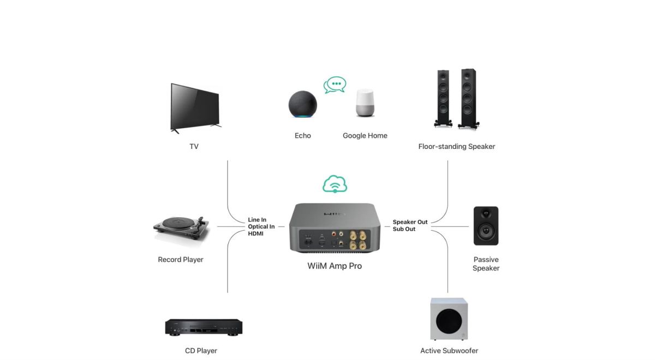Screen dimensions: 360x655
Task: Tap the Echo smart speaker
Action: coord(302,104)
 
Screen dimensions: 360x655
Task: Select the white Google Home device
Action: coord(365,102)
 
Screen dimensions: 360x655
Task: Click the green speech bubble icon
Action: coord(335,85)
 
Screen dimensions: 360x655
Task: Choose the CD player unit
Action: coord(204,327)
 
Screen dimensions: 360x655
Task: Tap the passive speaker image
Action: coord(486,226)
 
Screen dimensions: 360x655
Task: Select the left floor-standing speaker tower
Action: coord(443,98)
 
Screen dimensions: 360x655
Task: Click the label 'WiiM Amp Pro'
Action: coord(335,266)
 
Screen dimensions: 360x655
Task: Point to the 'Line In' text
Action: coord(257,220)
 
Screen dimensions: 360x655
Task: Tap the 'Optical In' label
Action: coord(261,227)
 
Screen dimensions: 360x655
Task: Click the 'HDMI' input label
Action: coord(255,234)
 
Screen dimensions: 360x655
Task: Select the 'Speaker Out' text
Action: coord(410,222)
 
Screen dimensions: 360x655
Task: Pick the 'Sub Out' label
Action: coord(404,229)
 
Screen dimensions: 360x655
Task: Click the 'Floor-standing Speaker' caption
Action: coord(456,147)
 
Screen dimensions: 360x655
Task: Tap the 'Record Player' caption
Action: coord(180,260)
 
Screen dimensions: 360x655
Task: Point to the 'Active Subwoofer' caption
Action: coord(449,351)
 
